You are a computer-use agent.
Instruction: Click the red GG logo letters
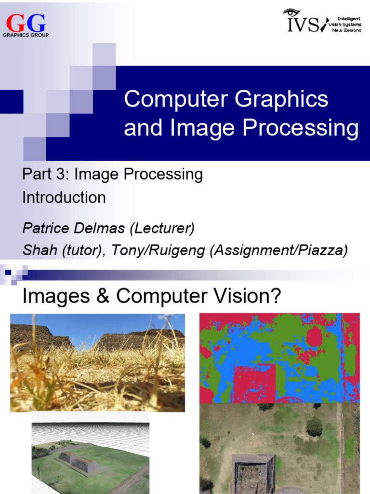point(26,23)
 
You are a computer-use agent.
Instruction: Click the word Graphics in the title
point(282,99)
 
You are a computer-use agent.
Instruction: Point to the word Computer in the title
point(176,99)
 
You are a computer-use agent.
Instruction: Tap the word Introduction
point(64,197)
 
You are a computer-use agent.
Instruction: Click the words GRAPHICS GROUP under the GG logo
point(26,35)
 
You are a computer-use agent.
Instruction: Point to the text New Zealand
point(347,30)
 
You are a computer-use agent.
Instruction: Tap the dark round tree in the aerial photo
point(314,426)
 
